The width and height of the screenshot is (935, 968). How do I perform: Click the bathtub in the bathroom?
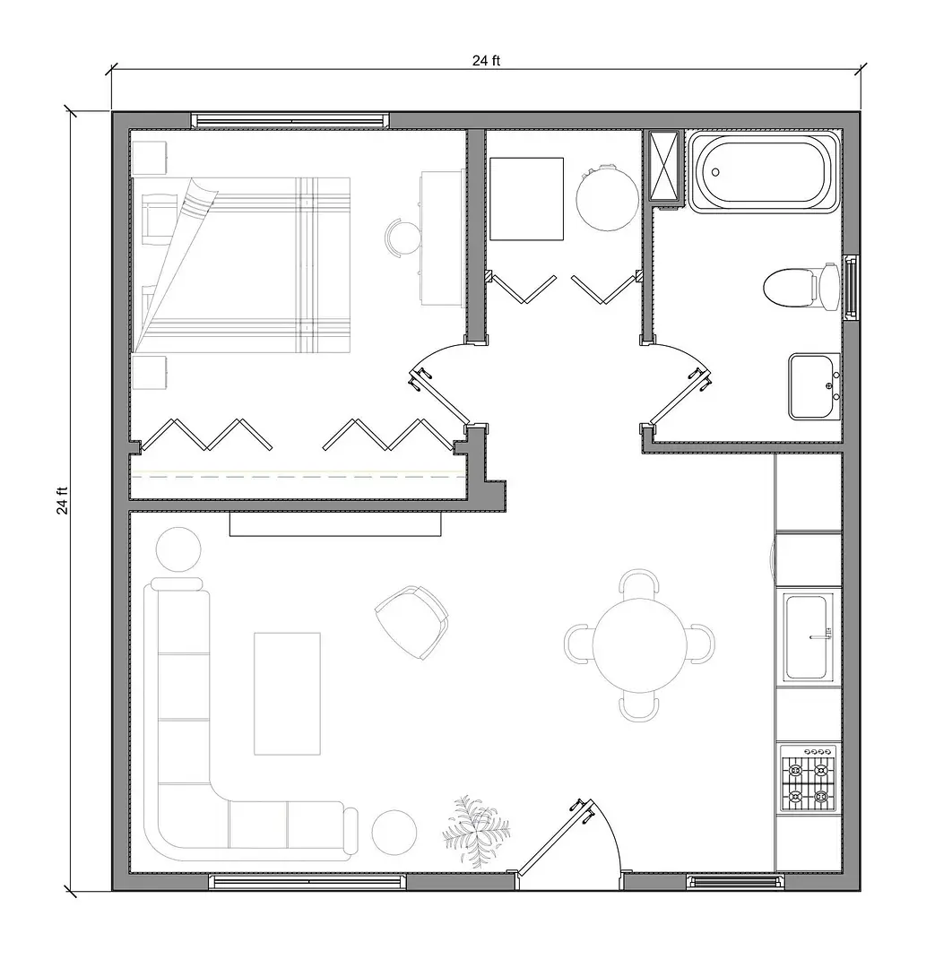[x=764, y=171]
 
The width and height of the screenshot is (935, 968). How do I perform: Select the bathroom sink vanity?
[x=815, y=386]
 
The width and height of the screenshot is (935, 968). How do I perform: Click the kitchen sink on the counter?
[x=809, y=636]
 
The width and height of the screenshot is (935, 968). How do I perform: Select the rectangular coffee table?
[x=287, y=693]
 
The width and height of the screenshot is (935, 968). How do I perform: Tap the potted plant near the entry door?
[x=476, y=829]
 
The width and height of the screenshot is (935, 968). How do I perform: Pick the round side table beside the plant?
[x=394, y=833]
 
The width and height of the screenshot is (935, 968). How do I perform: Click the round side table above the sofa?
[x=179, y=549]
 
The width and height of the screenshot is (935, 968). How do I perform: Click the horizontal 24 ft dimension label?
[x=486, y=61]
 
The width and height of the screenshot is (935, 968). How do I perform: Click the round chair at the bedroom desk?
[x=403, y=237]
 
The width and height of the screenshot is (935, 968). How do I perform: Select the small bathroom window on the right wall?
[x=851, y=287]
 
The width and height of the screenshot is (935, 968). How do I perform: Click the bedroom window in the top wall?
[x=290, y=120]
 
